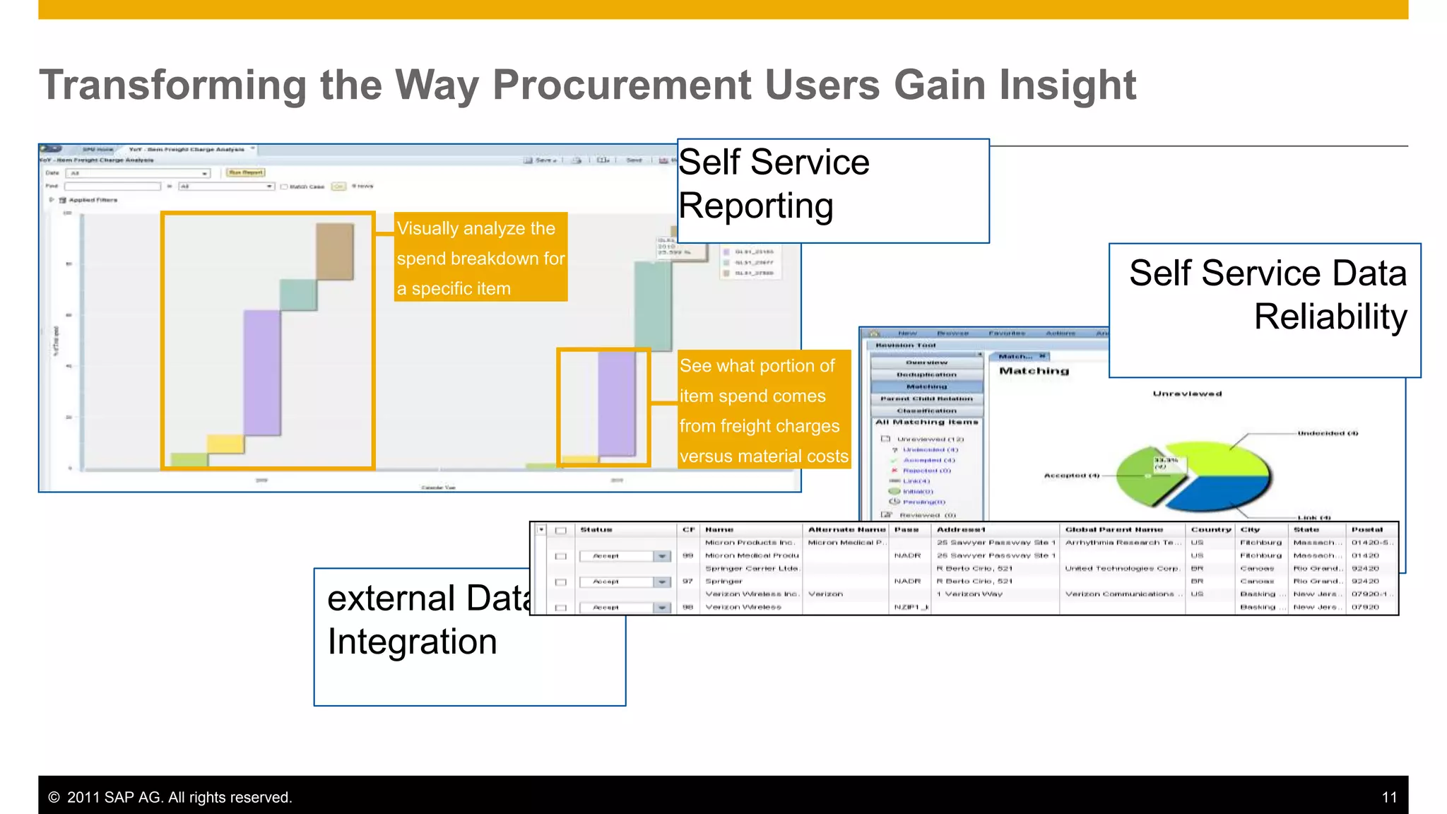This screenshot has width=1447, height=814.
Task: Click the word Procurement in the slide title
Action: click(622, 85)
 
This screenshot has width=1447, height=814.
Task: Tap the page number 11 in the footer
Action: click(1389, 798)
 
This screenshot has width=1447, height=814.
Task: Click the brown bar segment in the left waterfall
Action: click(335, 251)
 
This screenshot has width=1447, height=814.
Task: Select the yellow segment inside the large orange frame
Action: click(225, 444)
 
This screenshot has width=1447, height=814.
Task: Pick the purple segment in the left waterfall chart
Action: click(262, 372)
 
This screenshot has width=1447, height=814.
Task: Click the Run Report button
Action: click(246, 172)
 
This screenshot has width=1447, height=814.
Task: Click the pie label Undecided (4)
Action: click(1328, 433)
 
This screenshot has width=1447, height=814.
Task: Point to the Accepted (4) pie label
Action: click(1071, 476)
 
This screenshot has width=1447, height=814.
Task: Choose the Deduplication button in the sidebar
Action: click(926, 374)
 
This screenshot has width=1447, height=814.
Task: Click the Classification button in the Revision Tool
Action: click(926, 411)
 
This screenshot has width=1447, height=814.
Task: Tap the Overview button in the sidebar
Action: click(926, 362)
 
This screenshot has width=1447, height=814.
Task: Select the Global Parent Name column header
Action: click(1114, 529)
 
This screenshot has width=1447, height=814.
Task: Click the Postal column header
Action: click(1366, 529)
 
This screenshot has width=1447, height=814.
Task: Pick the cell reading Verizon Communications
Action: click(1119, 594)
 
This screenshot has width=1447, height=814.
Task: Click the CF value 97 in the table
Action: click(687, 582)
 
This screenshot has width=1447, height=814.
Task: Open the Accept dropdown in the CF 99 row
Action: click(661, 556)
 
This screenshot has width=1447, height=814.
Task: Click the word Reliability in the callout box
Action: click(1330, 317)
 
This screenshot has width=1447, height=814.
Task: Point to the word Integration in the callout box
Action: click(412, 642)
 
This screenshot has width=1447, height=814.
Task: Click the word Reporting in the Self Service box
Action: click(756, 206)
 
